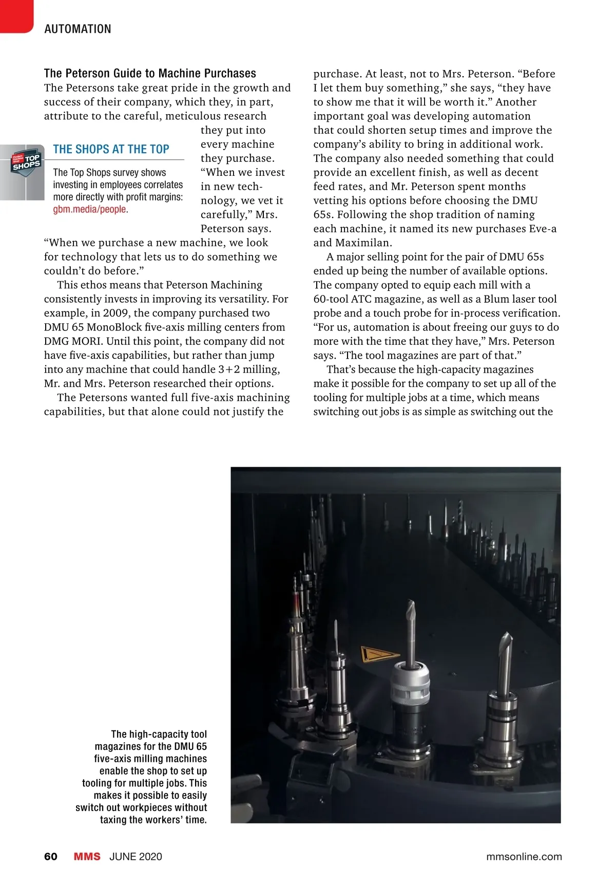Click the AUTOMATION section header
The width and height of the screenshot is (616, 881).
(78, 29)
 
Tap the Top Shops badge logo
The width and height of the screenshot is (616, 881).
(26, 162)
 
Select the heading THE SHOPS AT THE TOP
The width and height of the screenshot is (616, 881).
(111, 150)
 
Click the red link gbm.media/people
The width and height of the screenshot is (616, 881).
(90, 209)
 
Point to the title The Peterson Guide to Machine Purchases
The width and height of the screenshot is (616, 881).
(150, 74)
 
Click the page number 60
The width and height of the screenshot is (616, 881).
(51, 856)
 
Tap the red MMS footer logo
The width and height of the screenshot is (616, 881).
(87, 856)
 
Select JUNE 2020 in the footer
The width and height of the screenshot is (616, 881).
(136, 856)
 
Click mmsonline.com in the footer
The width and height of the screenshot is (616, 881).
(524, 856)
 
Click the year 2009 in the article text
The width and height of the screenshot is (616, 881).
(116, 313)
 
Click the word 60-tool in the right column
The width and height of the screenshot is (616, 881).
(331, 299)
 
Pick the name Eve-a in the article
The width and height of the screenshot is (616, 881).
(543, 229)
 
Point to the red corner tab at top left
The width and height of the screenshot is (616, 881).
(15, 15)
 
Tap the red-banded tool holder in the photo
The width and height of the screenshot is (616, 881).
(296, 601)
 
